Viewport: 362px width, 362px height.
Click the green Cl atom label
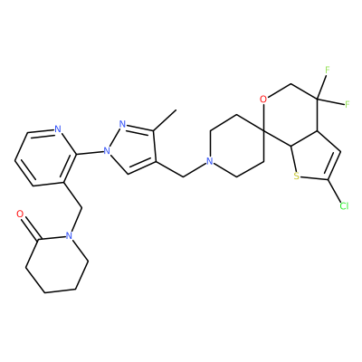coord(344,206)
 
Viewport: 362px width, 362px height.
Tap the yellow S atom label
coord(297,176)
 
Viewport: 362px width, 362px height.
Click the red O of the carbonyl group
coord(20,214)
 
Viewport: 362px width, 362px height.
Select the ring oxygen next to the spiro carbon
coord(263,99)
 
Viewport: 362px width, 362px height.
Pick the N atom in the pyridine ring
coord(58,129)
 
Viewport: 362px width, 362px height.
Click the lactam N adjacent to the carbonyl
coord(69,235)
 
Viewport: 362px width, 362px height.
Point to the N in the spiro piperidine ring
coord(210,161)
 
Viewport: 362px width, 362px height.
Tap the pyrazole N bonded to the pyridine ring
coord(107,150)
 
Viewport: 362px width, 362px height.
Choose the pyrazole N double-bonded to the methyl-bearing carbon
coord(122,124)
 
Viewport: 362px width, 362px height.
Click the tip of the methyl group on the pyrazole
coord(176,110)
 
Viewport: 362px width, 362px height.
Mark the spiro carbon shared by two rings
coord(263,131)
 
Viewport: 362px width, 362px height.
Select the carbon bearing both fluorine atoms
coord(318,99)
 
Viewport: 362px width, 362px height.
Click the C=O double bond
coord(29,228)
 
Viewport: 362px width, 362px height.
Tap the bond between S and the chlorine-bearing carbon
coord(314,178)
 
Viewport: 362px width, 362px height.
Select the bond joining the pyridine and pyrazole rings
coord(90,153)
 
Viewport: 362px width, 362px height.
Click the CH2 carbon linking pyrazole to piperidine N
coord(184,176)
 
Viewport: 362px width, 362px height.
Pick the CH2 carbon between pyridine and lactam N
coord(81,207)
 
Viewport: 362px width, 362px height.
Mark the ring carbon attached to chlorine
coord(329,180)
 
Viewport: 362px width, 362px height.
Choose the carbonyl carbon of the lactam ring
coord(38,240)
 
